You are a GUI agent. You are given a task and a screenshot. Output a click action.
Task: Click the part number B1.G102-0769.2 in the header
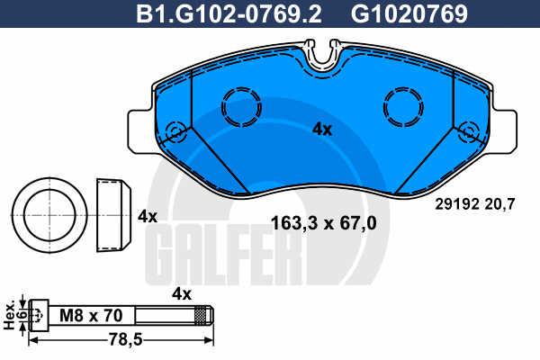[x=229, y=13]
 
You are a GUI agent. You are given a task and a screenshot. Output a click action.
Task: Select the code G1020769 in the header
[x=409, y=13]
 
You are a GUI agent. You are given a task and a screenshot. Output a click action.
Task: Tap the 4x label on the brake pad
[x=322, y=130]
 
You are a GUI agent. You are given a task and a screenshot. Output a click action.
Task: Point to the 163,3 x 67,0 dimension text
[x=324, y=223]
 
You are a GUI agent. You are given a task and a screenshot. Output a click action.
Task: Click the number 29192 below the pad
[x=457, y=204]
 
